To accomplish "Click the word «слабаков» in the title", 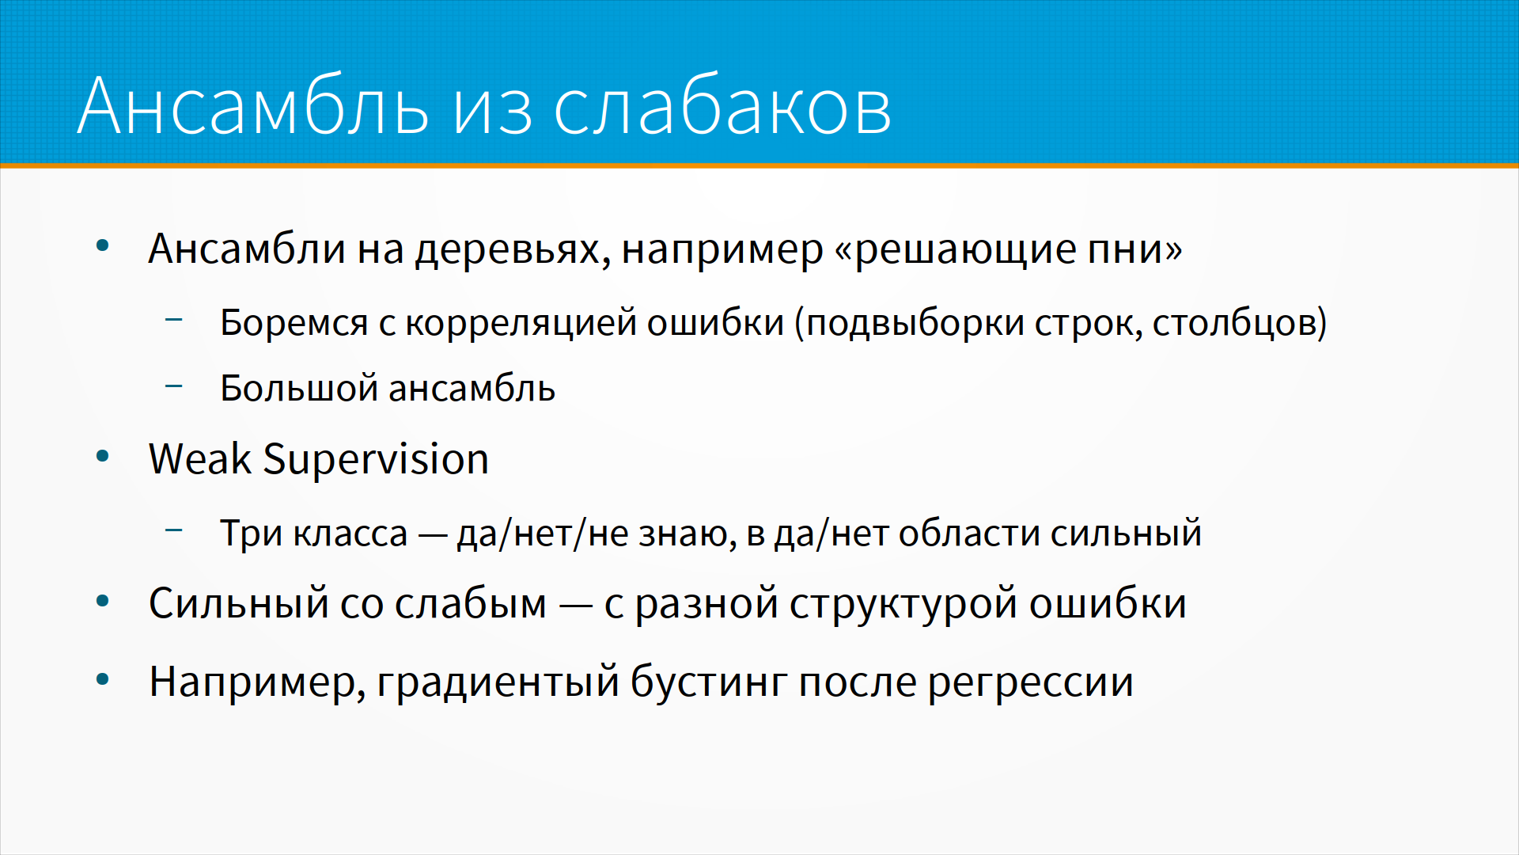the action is [722, 106].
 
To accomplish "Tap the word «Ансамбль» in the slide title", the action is [254, 106].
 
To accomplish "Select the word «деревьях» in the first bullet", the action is [512, 250].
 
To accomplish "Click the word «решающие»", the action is [965, 250].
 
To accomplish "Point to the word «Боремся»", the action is [294, 323].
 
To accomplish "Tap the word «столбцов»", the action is [1234, 323].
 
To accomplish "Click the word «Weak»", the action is [200, 459].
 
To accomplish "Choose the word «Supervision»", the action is [376, 461].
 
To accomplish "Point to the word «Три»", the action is [251, 533].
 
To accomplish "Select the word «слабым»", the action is [471, 603].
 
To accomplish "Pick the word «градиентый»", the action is [498, 682].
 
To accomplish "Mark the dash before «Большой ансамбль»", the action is [174, 386].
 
